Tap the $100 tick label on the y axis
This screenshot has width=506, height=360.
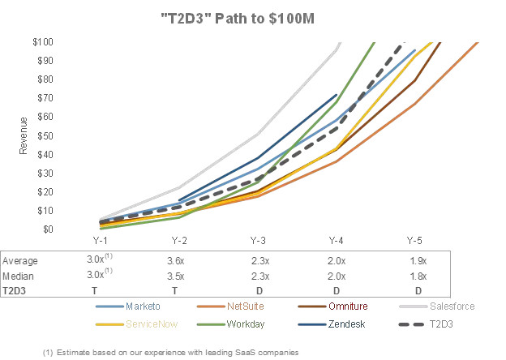click(43, 41)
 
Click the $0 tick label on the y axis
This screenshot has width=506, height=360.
click(47, 229)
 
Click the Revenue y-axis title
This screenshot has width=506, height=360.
click(24, 135)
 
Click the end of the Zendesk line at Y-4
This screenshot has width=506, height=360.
click(337, 95)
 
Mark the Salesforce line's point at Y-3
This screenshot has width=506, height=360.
click(258, 133)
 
